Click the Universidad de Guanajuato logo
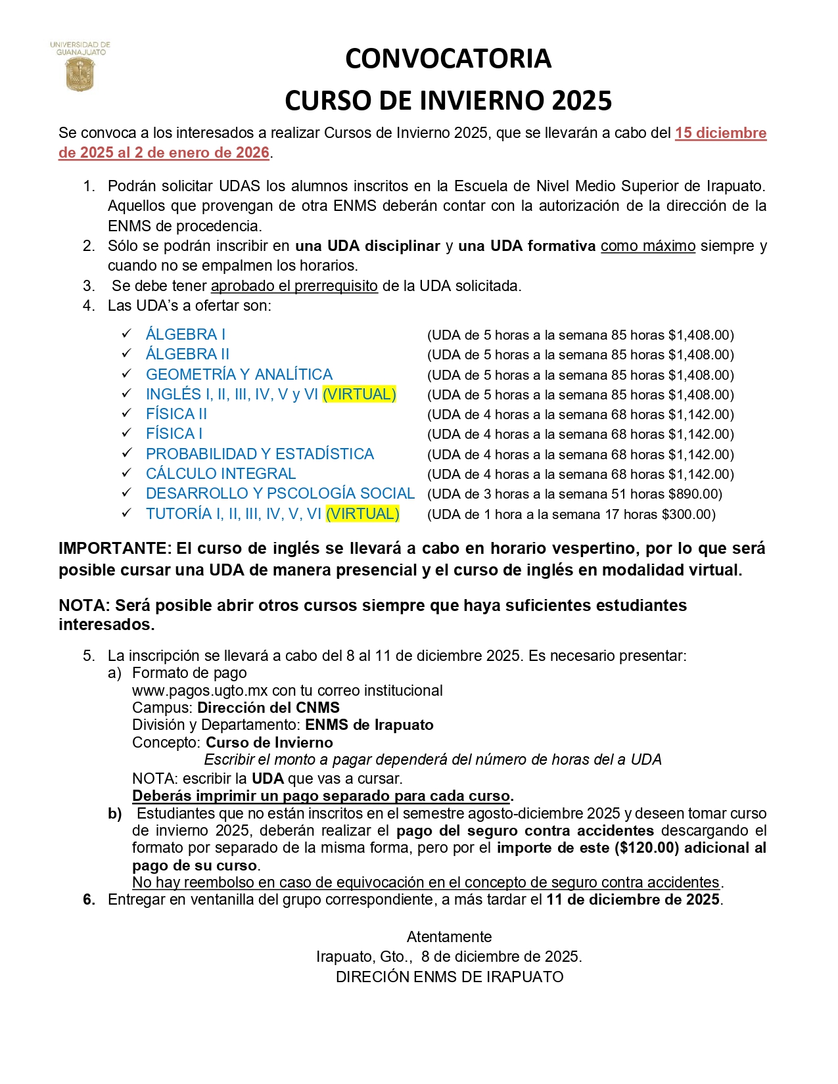tap(80, 68)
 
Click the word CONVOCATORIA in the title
tap(448, 58)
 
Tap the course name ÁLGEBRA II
tap(187, 354)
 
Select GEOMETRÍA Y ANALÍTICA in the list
tap(239, 374)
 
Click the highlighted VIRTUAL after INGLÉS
tap(360, 394)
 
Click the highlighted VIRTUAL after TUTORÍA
tap(363, 514)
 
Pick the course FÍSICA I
tap(174, 434)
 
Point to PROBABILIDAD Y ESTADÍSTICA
tap(260, 454)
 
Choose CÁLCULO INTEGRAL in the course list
tap(221, 474)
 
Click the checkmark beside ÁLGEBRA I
tap(127, 334)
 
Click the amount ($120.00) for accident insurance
tap(646, 848)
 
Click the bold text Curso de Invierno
tap(269, 742)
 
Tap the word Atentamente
tap(449, 937)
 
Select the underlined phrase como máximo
tap(647, 246)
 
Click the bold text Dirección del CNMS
tap(268, 708)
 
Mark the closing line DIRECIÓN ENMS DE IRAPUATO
tap(449, 977)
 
